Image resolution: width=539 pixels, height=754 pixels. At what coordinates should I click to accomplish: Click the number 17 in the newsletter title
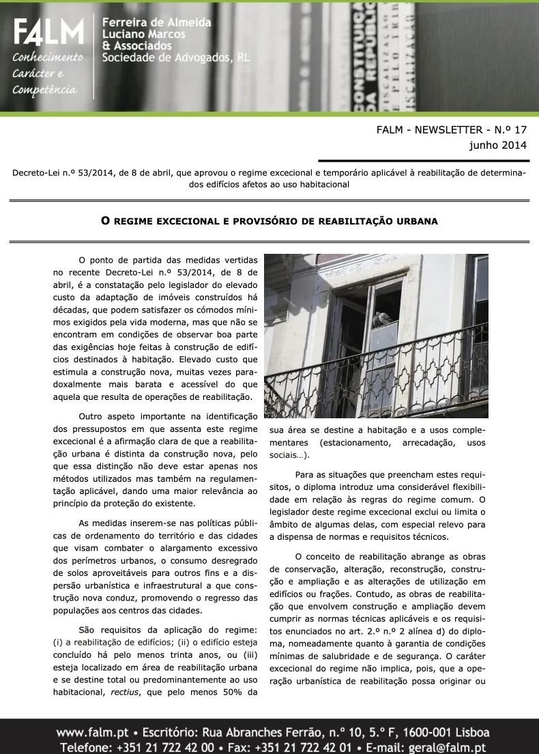(x=519, y=130)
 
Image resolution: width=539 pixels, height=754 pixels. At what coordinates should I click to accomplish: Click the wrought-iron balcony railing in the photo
(x=375, y=382)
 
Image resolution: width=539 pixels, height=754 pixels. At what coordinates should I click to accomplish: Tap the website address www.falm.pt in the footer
(x=89, y=733)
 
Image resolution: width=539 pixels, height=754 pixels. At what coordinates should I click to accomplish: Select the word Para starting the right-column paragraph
(x=306, y=475)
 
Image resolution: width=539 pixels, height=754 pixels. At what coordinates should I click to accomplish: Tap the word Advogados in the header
(x=200, y=58)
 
